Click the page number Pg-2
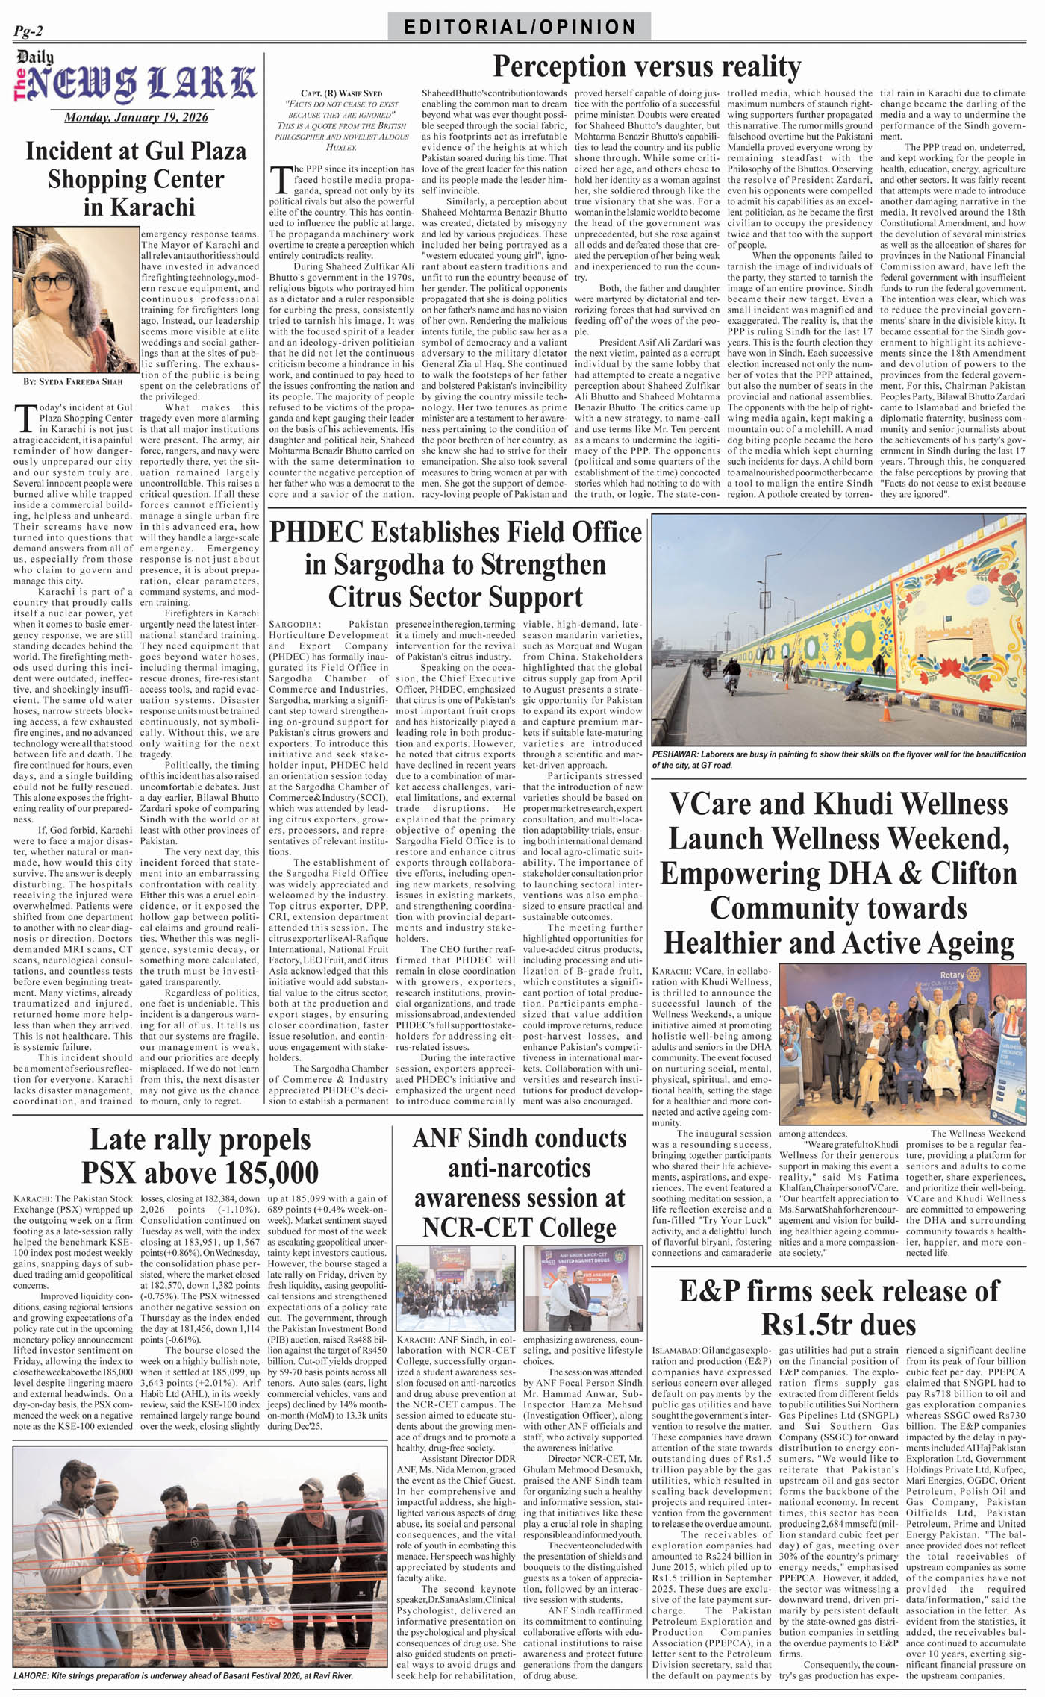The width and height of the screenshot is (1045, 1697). tap(28, 31)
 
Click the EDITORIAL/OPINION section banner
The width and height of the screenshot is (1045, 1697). tap(520, 27)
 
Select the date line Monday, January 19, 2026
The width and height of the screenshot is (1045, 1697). tap(136, 117)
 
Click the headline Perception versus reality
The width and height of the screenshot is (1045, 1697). tap(646, 67)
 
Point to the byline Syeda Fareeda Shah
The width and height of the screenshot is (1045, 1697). tap(72, 381)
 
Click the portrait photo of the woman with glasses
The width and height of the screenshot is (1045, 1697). tap(75, 299)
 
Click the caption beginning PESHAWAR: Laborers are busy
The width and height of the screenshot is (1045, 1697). tap(838, 759)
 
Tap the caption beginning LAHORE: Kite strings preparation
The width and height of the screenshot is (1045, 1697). tap(184, 1675)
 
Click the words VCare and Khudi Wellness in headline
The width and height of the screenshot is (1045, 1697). tap(838, 804)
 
